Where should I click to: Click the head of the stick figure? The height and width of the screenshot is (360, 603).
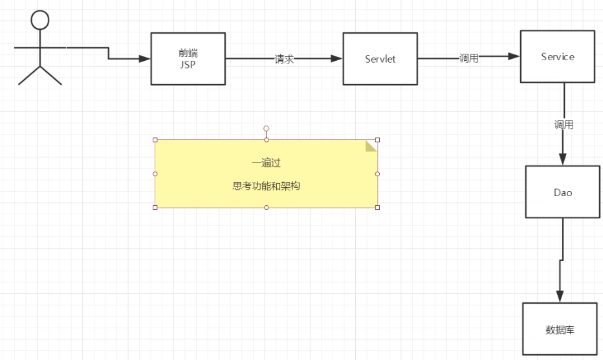pyautogui.click(x=40, y=21)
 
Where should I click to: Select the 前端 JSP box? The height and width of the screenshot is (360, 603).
pyautogui.click(x=188, y=58)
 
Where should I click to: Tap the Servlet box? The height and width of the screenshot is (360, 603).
pyautogui.click(x=380, y=59)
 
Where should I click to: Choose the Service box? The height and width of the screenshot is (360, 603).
pyautogui.click(x=557, y=56)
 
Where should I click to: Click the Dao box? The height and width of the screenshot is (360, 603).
pyautogui.click(x=562, y=192)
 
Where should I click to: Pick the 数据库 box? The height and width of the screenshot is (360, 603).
pyautogui.click(x=560, y=330)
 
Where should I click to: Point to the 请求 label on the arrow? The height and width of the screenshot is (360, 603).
pyautogui.click(x=284, y=59)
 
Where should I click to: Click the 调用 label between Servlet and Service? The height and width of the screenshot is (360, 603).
pyautogui.click(x=468, y=58)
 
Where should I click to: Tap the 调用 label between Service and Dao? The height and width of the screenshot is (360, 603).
pyautogui.click(x=564, y=125)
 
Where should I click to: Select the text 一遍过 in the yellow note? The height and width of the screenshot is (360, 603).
pyautogui.click(x=266, y=163)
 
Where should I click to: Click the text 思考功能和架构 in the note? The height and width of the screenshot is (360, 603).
pyautogui.click(x=266, y=186)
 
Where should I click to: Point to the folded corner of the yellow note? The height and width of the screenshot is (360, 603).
pyautogui.click(x=371, y=145)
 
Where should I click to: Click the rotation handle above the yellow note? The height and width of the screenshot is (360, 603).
pyautogui.click(x=266, y=128)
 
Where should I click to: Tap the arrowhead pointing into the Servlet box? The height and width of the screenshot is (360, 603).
pyautogui.click(x=336, y=59)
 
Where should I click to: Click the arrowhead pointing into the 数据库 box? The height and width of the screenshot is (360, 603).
pyautogui.click(x=560, y=295)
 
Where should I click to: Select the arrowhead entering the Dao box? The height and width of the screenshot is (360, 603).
pyautogui.click(x=563, y=159)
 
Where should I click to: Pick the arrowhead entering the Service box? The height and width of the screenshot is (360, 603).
pyautogui.click(x=514, y=56)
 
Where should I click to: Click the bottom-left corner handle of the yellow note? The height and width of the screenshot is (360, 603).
pyautogui.click(x=155, y=207)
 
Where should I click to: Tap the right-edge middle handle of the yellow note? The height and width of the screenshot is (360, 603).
pyautogui.click(x=377, y=174)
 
